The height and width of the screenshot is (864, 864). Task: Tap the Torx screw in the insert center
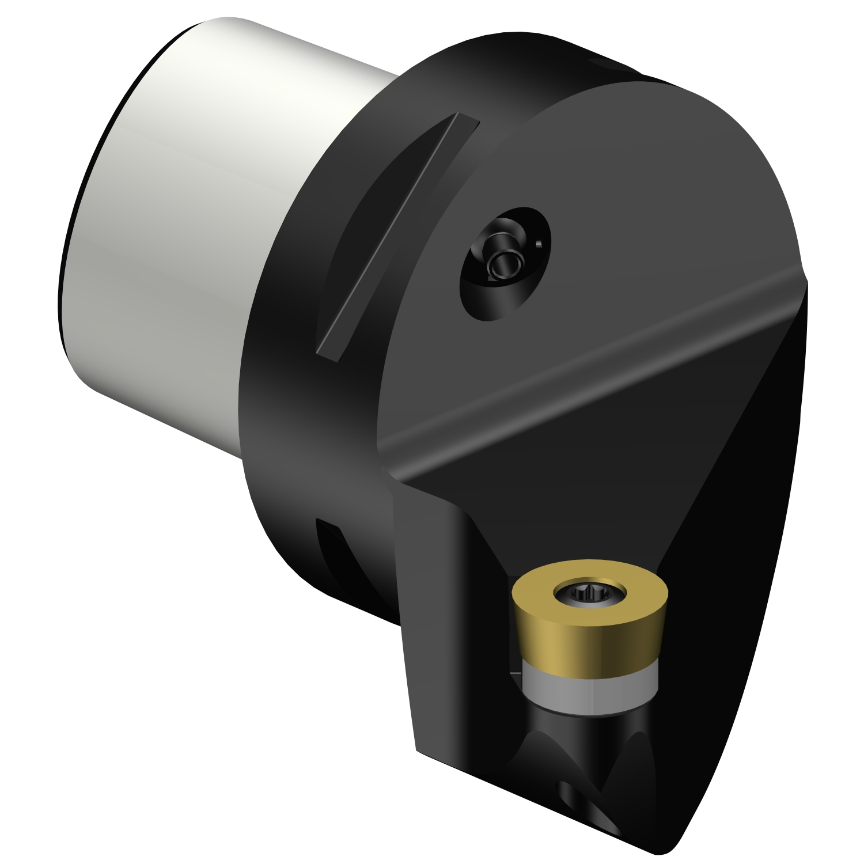pyautogui.click(x=589, y=593)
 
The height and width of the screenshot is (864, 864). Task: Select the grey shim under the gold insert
pyautogui.click(x=588, y=691)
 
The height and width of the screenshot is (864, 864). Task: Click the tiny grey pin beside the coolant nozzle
pyautogui.click(x=539, y=244)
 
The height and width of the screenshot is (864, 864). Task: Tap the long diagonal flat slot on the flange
pyautogui.click(x=397, y=236)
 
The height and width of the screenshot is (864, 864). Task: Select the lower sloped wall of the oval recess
pyautogui.click(x=490, y=305)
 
